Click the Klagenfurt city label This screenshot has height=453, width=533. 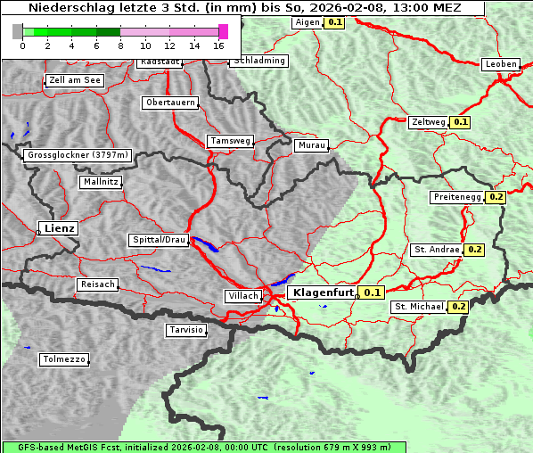[322, 292]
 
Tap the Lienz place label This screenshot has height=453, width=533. [59, 228]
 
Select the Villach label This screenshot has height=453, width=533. [242, 295]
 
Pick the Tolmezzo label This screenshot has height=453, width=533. [64, 360]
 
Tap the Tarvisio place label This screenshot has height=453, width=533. [186, 330]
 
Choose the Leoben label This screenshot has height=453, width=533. [500, 64]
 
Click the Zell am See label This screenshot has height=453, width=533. [75, 80]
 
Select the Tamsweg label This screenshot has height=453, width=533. [230, 141]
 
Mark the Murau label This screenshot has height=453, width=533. [311, 144]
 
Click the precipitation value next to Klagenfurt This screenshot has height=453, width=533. [372, 292]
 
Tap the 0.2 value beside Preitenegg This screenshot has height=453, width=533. [496, 197]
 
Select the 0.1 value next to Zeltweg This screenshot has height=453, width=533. [460, 121]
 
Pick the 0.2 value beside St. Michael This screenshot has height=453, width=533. [458, 307]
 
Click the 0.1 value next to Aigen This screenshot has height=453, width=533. [334, 21]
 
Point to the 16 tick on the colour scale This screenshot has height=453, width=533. [219, 45]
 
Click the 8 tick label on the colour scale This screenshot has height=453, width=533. [120, 45]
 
